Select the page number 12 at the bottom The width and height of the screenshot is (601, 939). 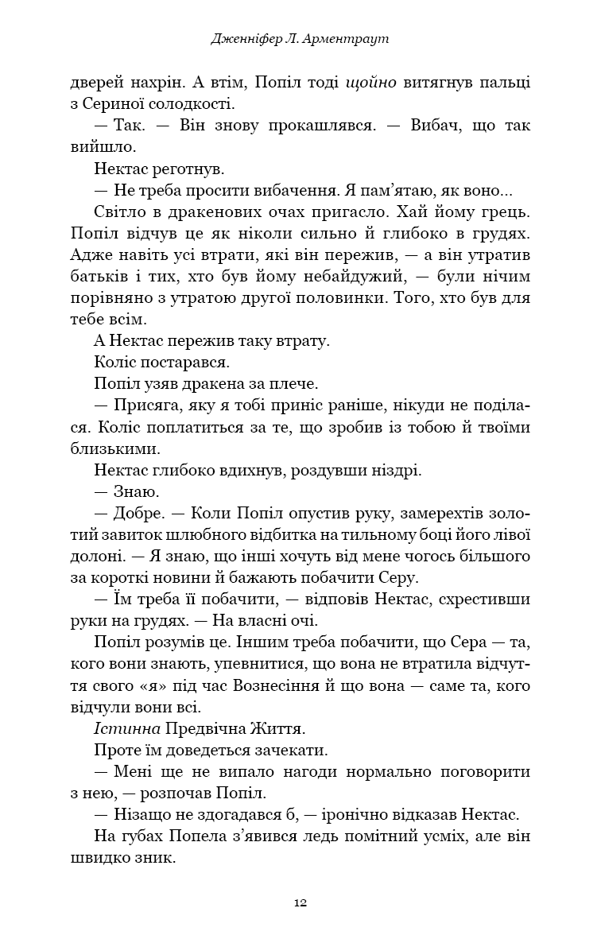point(300,902)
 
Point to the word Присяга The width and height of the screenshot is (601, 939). point(149,405)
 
